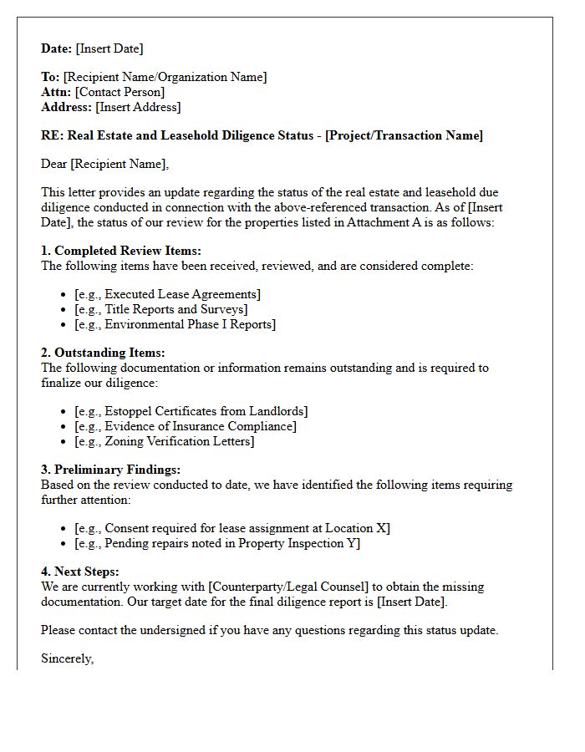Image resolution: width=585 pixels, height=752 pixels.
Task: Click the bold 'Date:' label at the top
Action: (x=57, y=48)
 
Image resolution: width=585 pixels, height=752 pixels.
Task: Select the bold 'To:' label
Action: (x=50, y=77)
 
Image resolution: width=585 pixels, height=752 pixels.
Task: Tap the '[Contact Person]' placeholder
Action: (x=120, y=92)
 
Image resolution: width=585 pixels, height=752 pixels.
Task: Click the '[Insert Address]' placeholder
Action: (x=138, y=107)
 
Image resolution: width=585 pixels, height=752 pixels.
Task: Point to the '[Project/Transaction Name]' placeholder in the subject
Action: (x=404, y=135)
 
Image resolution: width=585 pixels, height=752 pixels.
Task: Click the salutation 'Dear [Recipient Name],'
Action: (x=104, y=164)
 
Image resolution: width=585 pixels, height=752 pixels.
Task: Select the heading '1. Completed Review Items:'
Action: (x=121, y=251)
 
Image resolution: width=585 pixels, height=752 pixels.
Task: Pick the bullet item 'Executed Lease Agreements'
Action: (x=167, y=294)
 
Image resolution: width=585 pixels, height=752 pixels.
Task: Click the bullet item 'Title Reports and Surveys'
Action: (x=160, y=309)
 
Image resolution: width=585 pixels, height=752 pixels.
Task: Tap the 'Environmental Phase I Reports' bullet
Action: (x=175, y=324)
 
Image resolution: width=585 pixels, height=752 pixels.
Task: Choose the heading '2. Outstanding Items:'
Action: (x=103, y=353)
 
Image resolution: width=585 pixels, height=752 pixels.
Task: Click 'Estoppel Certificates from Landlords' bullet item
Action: (x=191, y=411)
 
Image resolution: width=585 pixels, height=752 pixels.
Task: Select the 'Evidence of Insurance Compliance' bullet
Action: (x=185, y=426)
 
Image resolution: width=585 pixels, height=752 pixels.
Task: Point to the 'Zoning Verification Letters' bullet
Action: (x=165, y=441)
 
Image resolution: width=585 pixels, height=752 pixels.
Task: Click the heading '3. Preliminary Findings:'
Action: (x=110, y=470)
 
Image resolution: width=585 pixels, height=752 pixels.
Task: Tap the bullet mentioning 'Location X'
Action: (x=231, y=528)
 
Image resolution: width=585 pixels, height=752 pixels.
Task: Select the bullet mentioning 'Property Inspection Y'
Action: (x=217, y=543)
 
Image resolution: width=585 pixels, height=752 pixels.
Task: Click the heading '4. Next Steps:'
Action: (x=80, y=572)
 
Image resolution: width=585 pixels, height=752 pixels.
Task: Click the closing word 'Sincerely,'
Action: (x=68, y=658)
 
